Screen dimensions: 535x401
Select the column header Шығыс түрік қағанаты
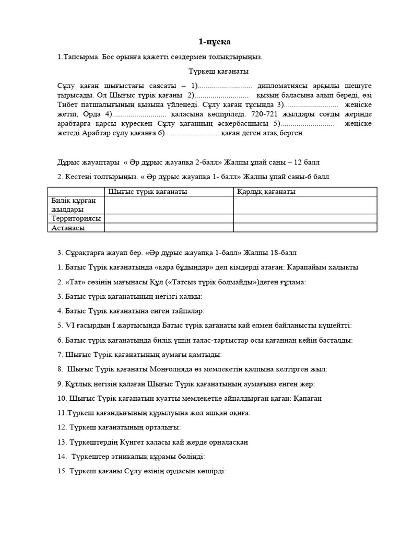tap(147, 192)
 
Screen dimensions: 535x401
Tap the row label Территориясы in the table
tap(76, 218)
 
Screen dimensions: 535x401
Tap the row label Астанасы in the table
tap(68, 227)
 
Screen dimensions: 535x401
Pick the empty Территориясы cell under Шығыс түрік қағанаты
tap(169, 218)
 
